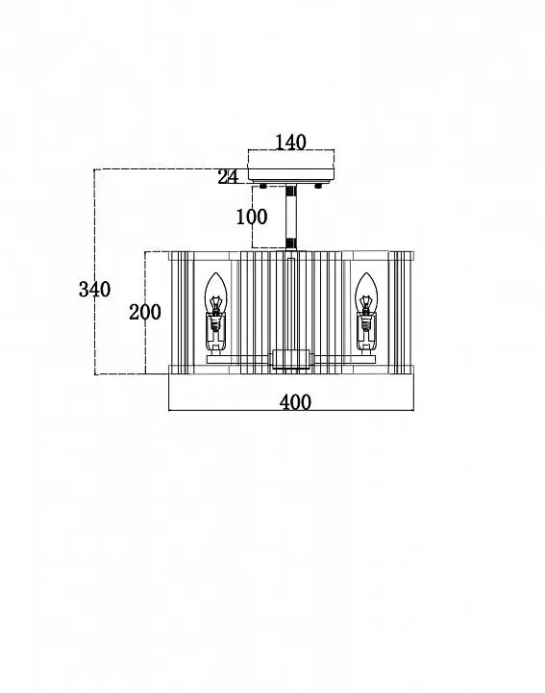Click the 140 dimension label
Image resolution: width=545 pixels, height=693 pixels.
[290, 142]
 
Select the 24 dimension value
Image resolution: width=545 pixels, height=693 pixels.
[228, 177]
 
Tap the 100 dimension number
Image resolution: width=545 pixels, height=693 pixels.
[252, 217]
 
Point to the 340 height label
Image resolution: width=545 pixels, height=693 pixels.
[94, 290]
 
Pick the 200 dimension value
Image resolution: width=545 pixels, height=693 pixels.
[145, 313]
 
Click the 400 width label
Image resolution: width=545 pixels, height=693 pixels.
[295, 402]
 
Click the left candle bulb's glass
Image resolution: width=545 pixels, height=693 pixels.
[215, 293]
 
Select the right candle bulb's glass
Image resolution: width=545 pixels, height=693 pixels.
[366, 293]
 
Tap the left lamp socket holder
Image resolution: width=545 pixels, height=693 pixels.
[215, 332]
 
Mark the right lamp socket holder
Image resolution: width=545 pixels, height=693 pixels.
[366, 332]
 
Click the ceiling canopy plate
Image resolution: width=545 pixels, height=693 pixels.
[291, 174]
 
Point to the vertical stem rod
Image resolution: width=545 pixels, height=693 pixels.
[291, 218]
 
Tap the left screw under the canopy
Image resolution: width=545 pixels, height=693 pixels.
[263, 186]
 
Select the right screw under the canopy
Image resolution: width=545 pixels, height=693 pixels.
[318, 186]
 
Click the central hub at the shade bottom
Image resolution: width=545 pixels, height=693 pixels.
[290, 359]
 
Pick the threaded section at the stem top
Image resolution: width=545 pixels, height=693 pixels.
[291, 191]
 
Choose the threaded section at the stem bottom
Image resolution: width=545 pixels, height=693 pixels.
[291, 244]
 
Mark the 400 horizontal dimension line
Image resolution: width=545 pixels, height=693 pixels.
[291, 411]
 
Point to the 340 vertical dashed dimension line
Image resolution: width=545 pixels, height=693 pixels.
[95, 271]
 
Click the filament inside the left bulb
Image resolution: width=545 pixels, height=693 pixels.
[215, 305]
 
